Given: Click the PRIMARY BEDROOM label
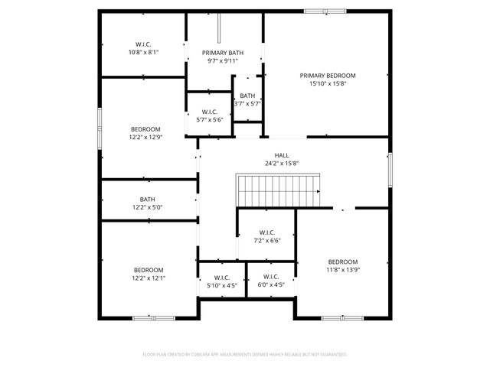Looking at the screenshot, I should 328,76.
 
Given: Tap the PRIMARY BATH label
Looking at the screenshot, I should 223,53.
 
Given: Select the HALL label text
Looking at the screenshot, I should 282,154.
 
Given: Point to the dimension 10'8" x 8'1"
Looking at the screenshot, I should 143,53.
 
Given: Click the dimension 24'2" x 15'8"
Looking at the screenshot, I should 282,163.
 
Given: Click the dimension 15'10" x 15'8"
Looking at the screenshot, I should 328,84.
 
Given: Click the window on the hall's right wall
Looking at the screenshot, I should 390,169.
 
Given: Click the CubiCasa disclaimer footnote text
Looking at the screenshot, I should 245,355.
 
